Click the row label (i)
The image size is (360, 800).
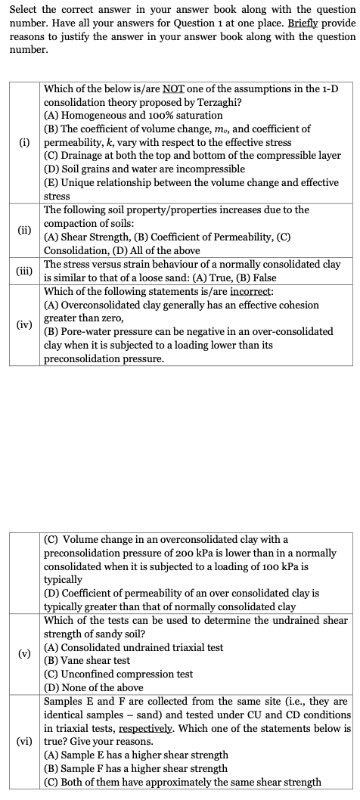[x=26, y=142]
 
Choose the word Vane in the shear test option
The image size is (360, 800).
[x=76, y=660]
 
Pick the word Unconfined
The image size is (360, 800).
[x=92, y=674]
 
